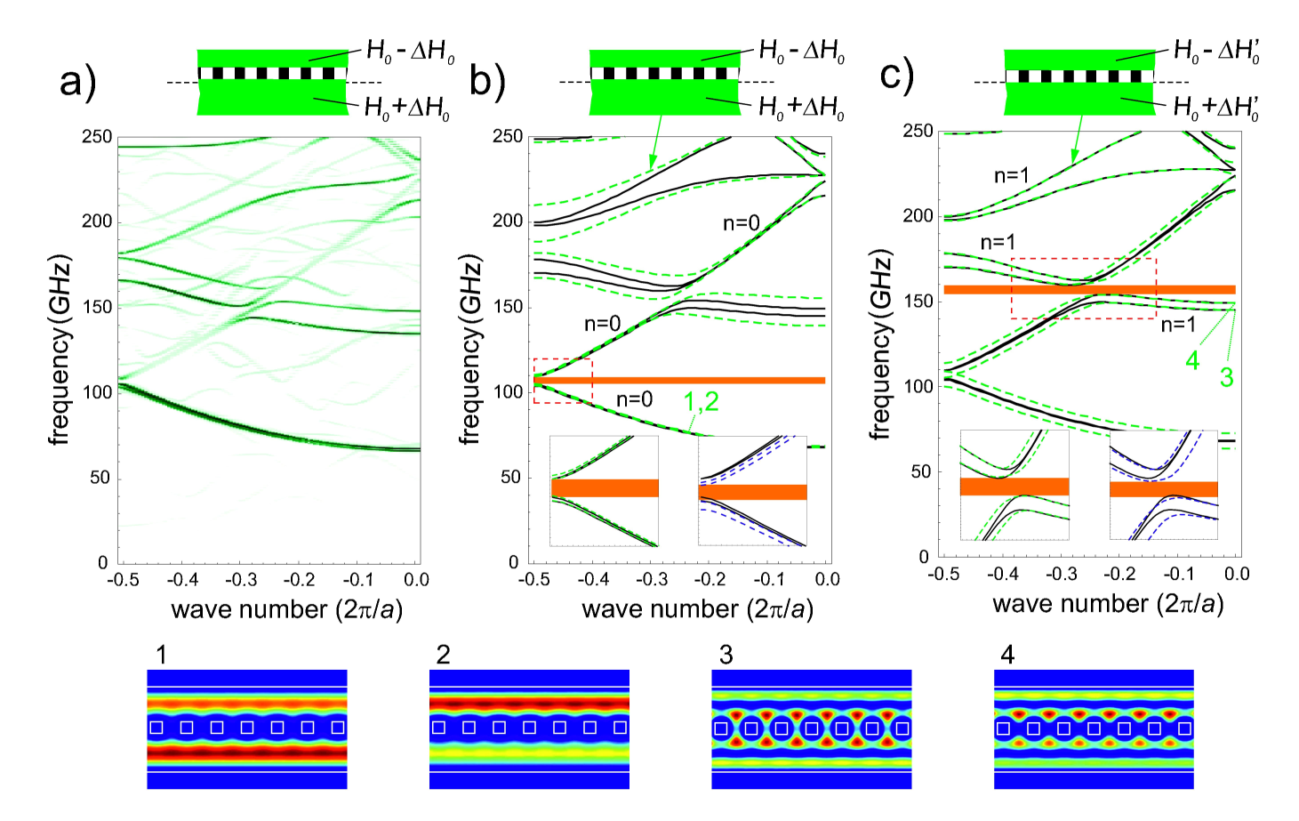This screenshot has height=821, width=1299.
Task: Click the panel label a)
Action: click(77, 83)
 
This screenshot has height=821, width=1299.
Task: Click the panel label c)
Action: click(896, 76)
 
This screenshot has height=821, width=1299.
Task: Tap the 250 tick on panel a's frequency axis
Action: click(97, 137)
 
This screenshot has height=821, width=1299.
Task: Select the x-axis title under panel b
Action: click(697, 609)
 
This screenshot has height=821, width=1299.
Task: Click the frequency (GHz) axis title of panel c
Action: click(879, 344)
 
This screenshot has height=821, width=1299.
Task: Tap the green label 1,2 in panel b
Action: click(701, 404)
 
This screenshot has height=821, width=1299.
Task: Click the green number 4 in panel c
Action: click(1192, 360)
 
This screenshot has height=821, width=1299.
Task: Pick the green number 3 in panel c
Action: click(1226, 377)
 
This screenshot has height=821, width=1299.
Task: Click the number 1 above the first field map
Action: click(161, 656)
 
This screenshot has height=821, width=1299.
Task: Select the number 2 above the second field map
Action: click(443, 656)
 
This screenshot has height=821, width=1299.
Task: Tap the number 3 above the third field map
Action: click(726, 656)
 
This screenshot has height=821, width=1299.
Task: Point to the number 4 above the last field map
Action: click(1007, 656)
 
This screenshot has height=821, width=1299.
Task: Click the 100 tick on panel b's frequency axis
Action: click(508, 392)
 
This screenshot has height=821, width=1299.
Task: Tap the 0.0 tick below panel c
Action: click(1236, 574)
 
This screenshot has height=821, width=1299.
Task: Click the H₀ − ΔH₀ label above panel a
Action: click(410, 52)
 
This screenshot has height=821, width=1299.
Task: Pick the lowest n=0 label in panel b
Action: click(634, 400)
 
